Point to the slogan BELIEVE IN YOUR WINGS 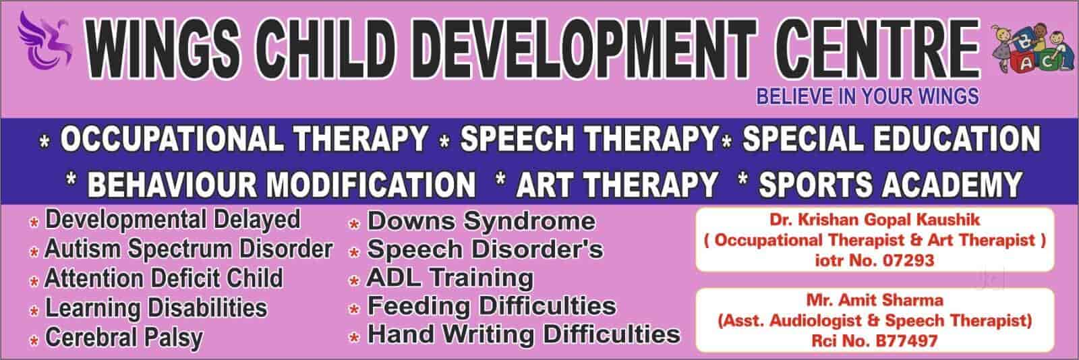[x=867, y=96]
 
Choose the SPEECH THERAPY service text [x=587, y=140]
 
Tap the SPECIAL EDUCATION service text [x=890, y=140]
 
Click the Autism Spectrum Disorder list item [x=188, y=249]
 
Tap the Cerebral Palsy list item [x=123, y=337]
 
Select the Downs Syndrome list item [x=481, y=221]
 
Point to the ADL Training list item [x=450, y=278]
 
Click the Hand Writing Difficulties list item [x=523, y=334]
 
